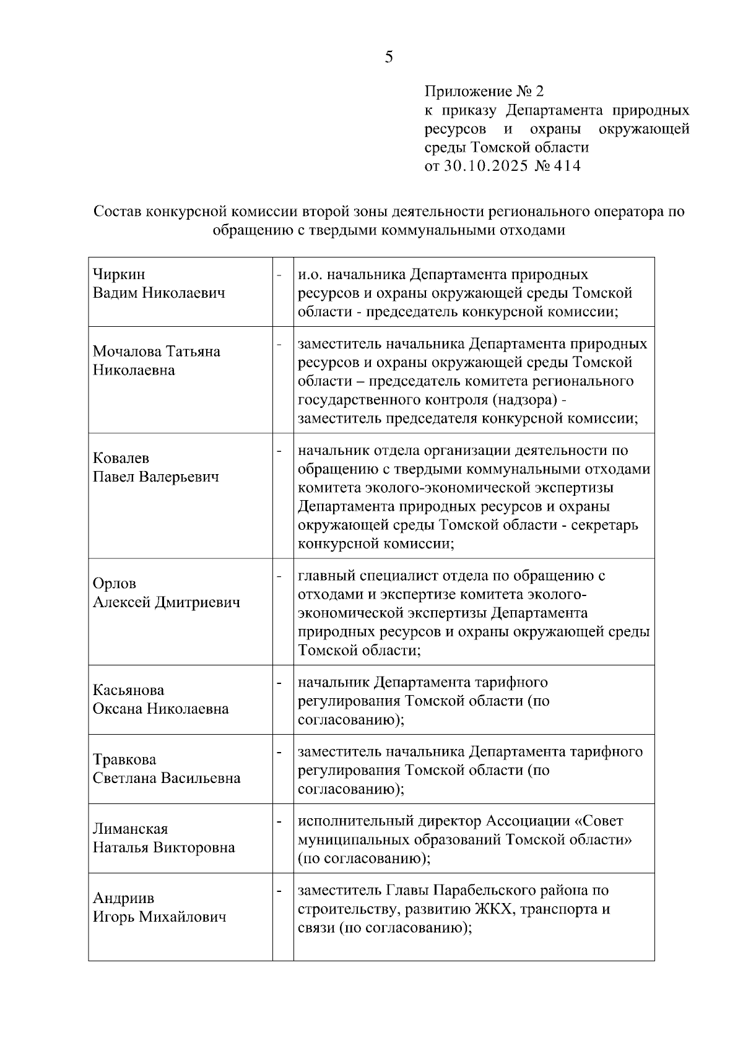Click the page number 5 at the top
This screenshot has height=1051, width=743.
pyautogui.click(x=388, y=58)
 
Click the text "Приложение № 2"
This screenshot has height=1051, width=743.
pyautogui.click(x=484, y=92)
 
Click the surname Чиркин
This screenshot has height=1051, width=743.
pyautogui.click(x=119, y=274)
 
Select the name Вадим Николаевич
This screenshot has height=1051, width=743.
pyautogui.click(x=159, y=293)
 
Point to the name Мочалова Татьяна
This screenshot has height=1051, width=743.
pyautogui.click(x=156, y=352)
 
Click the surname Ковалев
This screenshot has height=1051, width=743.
pyautogui.click(x=121, y=459)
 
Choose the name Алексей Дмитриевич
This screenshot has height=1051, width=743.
pyautogui.click(x=166, y=602)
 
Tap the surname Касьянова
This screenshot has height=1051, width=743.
pyautogui.click(x=128, y=690)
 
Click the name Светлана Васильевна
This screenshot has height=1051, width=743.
pyautogui.click(x=166, y=778)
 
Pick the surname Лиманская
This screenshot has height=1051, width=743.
pyautogui.click(x=130, y=829)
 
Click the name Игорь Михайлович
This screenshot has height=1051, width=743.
pyautogui.click(x=159, y=917)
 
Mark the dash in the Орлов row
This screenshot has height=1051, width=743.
pyautogui.click(x=279, y=576)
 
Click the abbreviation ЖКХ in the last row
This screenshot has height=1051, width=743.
pyautogui.click(x=492, y=909)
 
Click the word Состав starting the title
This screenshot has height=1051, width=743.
pyautogui.click(x=117, y=212)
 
